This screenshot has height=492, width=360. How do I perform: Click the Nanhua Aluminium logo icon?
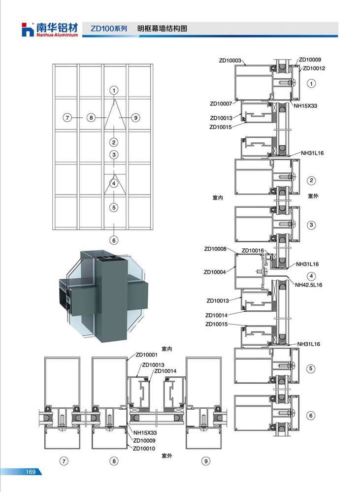27,30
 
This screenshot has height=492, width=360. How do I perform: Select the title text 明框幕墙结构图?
162,29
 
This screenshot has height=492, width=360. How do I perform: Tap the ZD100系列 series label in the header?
109,29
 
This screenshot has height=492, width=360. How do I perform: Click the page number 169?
31,472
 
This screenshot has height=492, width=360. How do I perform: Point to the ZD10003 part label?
230,61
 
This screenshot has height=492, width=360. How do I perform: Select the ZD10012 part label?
314,68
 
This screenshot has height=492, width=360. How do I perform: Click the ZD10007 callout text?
221,103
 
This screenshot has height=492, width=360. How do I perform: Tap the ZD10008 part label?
215,249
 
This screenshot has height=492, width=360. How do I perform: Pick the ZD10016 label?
253,250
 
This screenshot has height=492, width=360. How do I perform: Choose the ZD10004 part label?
215,272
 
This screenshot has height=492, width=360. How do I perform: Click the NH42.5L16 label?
308,285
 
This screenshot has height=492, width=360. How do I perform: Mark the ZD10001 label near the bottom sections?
147,355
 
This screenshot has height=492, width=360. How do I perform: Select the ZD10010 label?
144,448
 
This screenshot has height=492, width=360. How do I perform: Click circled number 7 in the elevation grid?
67,118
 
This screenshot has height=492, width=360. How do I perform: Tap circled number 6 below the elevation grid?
114,240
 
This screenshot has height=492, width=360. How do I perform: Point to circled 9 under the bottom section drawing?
206,461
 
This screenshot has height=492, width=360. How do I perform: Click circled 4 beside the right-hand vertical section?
311,276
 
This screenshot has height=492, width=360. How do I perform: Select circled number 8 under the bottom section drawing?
114,461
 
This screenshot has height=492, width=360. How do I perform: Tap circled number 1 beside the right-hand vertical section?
311,83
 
